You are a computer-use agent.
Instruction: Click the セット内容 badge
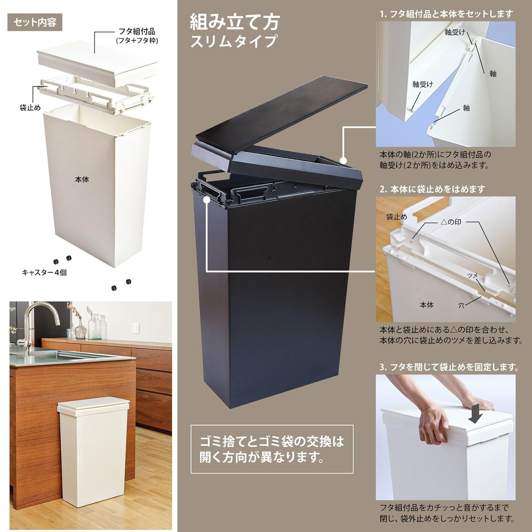pyautogui.click(x=35, y=22)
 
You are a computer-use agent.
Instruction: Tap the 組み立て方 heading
pyautogui.click(x=235, y=22)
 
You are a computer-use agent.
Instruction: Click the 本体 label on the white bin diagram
pyautogui.click(x=82, y=179)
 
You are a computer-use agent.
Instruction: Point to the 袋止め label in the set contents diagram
pyautogui.click(x=30, y=107)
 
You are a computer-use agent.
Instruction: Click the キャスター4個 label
pyautogui.click(x=44, y=272)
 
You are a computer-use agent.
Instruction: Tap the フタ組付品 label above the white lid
pyautogui.click(x=137, y=32)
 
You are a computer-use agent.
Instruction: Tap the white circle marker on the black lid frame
pyautogui.click(x=343, y=160)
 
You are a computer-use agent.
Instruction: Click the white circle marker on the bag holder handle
pyautogui.click(x=206, y=200)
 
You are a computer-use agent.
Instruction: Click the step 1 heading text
pyautogui.click(x=446, y=14)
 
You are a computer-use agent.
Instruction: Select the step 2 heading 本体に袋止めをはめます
pyautogui.click(x=432, y=189)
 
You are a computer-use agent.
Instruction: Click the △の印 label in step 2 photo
pyautogui.click(x=451, y=222)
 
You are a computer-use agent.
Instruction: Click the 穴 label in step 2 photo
pyautogui.click(x=461, y=305)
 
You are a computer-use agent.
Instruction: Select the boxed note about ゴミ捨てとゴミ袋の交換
pyautogui.click(x=272, y=449)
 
